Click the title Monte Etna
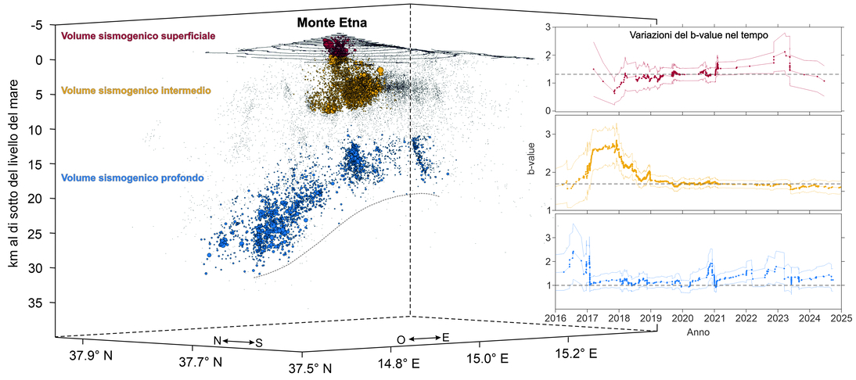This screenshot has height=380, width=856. tap(333, 23)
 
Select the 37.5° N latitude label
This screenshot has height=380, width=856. tap(311, 367)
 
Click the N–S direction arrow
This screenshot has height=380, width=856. tap(239, 341)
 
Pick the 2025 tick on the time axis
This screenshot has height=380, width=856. tap(840, 319)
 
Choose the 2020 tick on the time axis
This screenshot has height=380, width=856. tap(682, 319)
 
